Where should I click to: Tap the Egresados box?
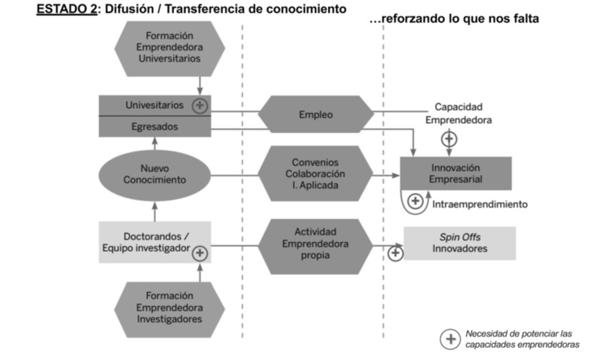coord(154,126)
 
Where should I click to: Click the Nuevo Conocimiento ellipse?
coord(154,173)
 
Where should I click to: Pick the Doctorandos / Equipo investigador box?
coord(155,242)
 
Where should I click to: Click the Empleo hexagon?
coord(316,115)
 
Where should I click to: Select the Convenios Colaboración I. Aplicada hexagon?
coord(316,173)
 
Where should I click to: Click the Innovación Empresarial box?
coord(456,173)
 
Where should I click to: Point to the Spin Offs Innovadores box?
coord(459,243)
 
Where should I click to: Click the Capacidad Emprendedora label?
coord(458,113)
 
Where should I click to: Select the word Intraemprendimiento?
coord(479,204)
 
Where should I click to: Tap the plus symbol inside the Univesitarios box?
coord(200,106)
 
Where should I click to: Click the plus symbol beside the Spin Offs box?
coord(395,252)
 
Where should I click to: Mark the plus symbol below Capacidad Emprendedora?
coord(449,139)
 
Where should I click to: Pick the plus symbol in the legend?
coord(449,339)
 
